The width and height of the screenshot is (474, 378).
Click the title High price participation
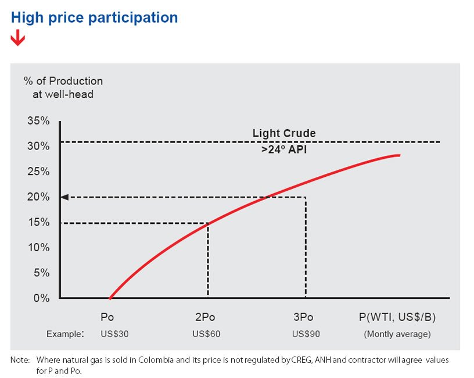click(94, 17)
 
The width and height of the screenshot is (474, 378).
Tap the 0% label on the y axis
click(40, 298)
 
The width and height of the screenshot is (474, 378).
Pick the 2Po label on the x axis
click(204, 317)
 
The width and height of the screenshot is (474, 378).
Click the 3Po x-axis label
click(303, 317)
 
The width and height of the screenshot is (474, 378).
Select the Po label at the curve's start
click(107, 317)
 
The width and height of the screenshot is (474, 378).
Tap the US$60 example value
click(206, 334)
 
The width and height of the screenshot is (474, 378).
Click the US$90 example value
click(305, 334)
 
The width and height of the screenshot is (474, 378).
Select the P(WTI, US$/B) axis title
click(397, 317)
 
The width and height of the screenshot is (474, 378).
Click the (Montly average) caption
click(397, 334)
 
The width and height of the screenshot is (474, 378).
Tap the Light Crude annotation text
click(284, 133)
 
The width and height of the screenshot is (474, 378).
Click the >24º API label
click(284, 149)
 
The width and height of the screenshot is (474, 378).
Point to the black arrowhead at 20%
click(64, 197)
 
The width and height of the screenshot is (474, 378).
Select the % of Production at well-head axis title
click(63, 87)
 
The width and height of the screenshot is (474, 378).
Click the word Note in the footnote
click(20, 361)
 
